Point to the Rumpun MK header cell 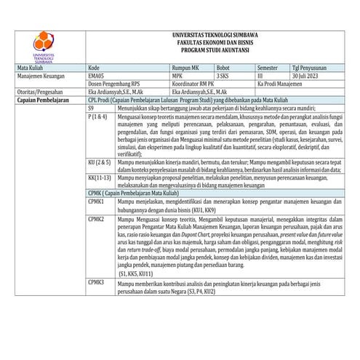pos(185,67)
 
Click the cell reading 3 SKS pos(223,75)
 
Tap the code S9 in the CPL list pos(91,108)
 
